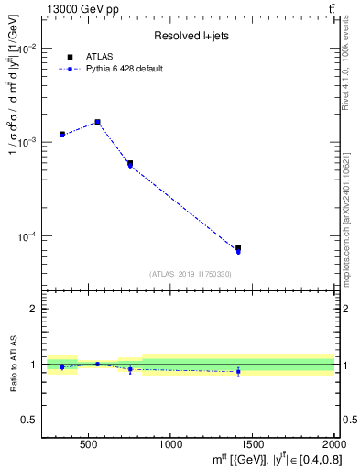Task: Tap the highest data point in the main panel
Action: [97, 121]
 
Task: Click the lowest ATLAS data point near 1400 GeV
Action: [238, 248]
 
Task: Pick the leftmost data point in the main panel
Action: [62, 134]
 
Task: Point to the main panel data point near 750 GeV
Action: [130, 163]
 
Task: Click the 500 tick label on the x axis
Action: [89, 445]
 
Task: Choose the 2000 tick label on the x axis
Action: [331, 445]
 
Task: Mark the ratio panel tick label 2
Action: [35, 309]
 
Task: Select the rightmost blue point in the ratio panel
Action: [238, 371]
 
